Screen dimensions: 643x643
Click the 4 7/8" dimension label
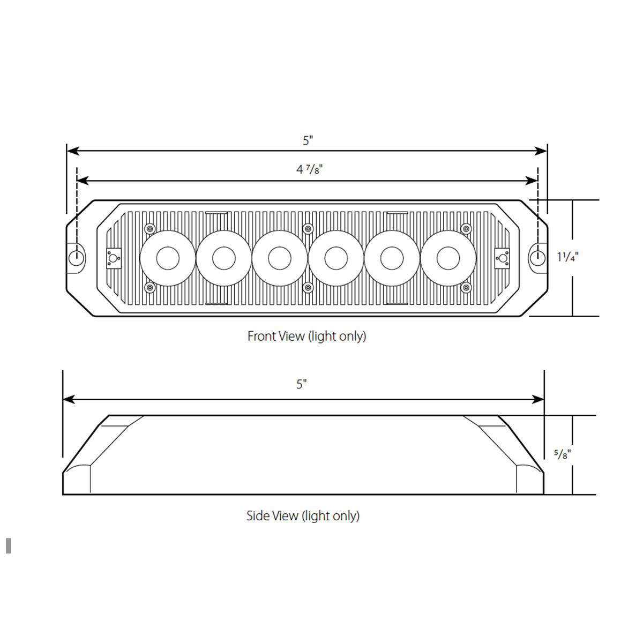[x=309, y=169]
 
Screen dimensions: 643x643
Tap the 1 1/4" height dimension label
[x=567, y=257]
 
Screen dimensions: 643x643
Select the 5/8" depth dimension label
[x=562, y=454]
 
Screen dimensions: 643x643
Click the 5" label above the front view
[x=308, y=140]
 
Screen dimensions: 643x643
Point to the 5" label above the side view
[x=302, y=384]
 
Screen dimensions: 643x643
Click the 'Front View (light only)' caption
[x=306, y=336]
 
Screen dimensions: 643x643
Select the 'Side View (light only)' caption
[x=303, y=515]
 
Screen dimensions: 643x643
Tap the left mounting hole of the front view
[x=77, y=258]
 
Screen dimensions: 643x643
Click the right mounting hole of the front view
[x=536, y=258]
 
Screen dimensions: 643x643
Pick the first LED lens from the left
[x=168, y=258]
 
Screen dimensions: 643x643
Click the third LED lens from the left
[x=280, y=258]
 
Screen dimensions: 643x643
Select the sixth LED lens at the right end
[x=448, y=258]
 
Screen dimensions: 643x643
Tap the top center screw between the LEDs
[x=308, y=229]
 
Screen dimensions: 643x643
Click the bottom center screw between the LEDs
[x=308, y=288]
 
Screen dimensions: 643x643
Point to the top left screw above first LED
[x=149, y=229]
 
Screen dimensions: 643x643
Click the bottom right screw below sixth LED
[x=466, y=288]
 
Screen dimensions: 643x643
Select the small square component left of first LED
[x=113, y=258]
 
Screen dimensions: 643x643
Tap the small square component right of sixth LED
[x=502, y=258]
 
